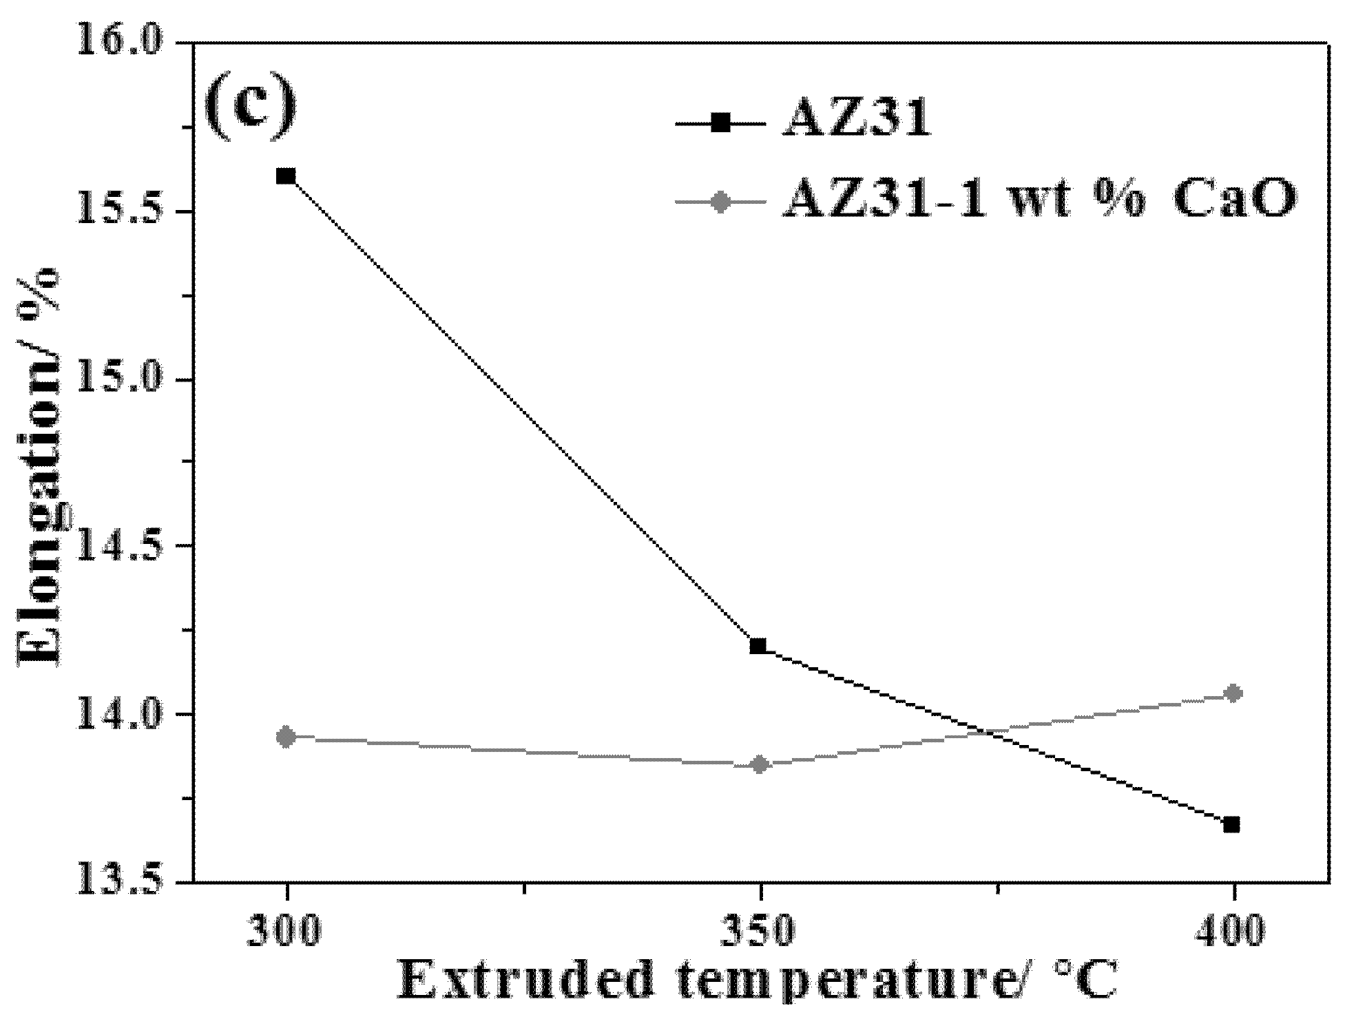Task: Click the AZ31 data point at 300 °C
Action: point(286,176)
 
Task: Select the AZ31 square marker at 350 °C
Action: point(759,646)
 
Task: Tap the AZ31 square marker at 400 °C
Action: point(1232,824)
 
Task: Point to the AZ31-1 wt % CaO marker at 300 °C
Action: point(288,737)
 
